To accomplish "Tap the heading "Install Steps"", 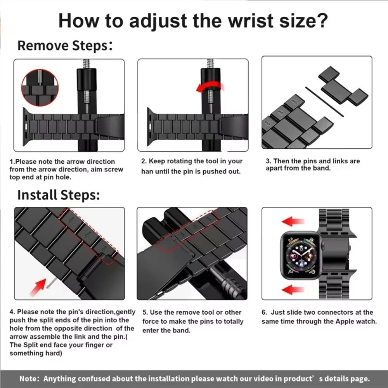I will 58,195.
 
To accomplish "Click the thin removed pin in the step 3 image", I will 324,102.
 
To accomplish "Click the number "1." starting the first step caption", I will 12,161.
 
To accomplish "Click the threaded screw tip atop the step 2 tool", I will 210,63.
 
